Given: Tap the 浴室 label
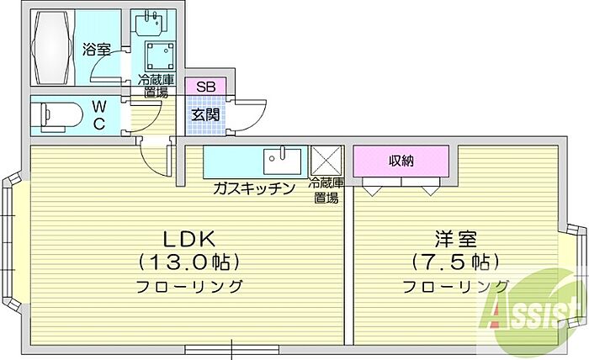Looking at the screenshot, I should click(x=97, y=49).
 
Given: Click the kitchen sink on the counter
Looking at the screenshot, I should click(x=283, y=159).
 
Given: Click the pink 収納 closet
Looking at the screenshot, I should click(x=401, y=161).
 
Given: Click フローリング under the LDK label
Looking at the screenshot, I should click(x=190, y=286).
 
